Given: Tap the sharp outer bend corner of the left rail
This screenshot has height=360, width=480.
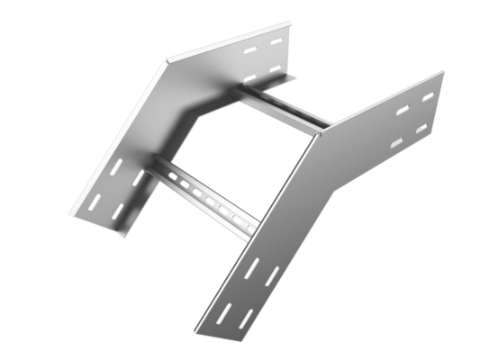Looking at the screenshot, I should [168, 62].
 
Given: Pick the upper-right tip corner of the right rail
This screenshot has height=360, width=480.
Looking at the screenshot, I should [444, 71].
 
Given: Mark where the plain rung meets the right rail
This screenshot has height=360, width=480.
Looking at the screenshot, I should [319, 128].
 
